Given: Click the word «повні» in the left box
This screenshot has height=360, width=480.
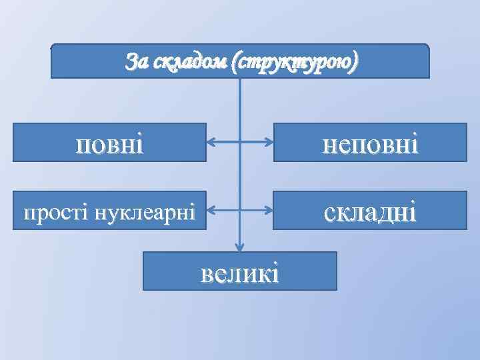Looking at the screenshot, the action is click(x=110, y=143).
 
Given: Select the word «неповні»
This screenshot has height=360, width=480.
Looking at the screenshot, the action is click(x=370, y=143).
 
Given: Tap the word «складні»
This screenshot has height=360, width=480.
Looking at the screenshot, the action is click(x=370, y=212).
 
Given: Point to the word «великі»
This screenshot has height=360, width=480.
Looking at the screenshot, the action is click(x=239, y=272).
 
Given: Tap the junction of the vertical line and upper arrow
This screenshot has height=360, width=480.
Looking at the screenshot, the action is click(x=240, y=142).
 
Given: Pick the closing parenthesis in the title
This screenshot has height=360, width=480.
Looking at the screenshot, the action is click(x=355, y=62).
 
